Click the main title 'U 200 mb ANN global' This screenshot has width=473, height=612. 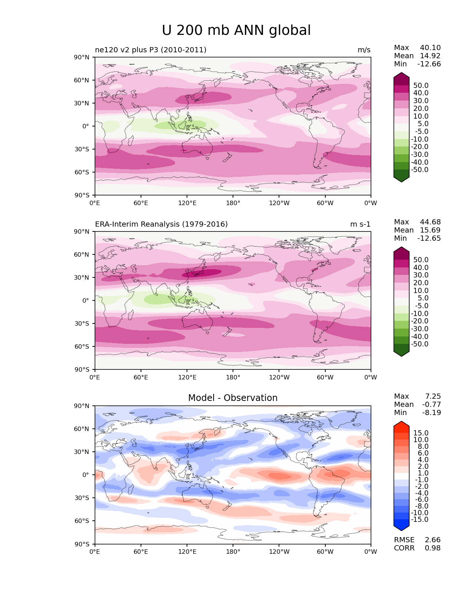(x=236, y=30)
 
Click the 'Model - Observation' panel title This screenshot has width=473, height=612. (x=233, y=398)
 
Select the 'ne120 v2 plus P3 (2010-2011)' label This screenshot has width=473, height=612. (x=151, y=50)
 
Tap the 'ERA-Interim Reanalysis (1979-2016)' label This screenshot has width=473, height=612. (x=161, y=224)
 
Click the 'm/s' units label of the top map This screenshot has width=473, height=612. (x=364, y=50)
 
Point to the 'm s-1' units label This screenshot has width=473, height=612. (x=360, y=224)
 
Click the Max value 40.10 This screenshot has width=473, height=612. (x=430, y=48)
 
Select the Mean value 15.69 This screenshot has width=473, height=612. (x=430, y=230)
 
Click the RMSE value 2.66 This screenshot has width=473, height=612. (x=433, y=540)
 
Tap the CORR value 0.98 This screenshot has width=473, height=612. (x=433, y=548)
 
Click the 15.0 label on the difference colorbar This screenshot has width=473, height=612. (x=421, y=433)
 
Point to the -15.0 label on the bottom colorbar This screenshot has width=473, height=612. (x=420, y=520)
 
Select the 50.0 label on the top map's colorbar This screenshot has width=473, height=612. (x=421, y=86)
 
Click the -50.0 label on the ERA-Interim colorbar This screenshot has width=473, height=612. (x=420, y=344)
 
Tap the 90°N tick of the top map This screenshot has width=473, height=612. (x=82, y=57)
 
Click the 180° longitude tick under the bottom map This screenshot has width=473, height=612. (x=233, y=552)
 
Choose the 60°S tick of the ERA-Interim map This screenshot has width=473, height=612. (x=82, y=346)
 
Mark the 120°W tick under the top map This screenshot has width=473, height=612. (x=279, y=203)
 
